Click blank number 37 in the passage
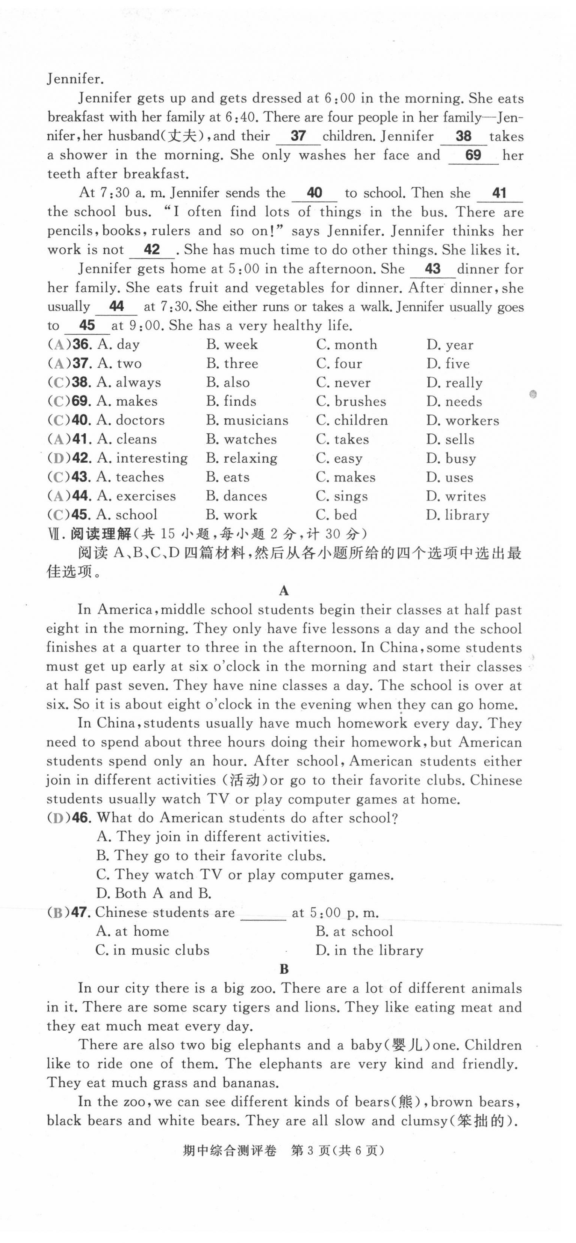click(298, 136)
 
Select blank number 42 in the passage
click(151, 250)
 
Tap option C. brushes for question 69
click(351, 401)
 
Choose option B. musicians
click(247, 420)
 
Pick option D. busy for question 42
click(451, 459)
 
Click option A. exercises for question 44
click(136, 496)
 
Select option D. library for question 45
click(457, 515)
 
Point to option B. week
click(232, 345)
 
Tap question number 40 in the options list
click(81, 420)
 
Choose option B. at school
click(354, 931)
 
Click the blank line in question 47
click(263, 913)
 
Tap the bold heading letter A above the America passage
click(284, 591)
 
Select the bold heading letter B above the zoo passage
click(284, 969)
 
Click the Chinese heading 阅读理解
click(100, 534)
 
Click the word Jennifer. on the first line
click(75, 79)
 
